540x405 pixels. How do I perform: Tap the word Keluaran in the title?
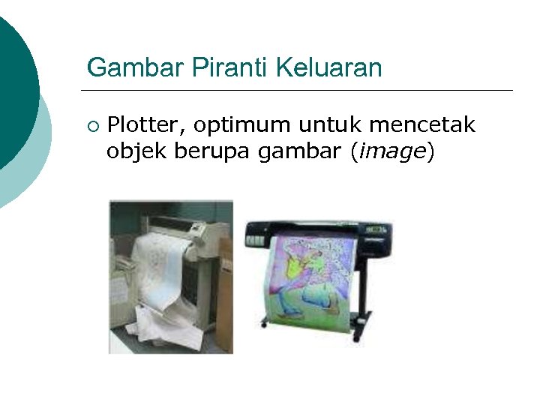pyautogui.click(x=329, y=67)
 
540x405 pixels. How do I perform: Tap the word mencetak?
pyautogui.click(x=426, y=124)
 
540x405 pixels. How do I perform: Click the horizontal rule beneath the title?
pyautogui.click(x=300, y=91)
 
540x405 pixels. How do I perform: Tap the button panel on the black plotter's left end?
pyautogui.click(x=256, y=240)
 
